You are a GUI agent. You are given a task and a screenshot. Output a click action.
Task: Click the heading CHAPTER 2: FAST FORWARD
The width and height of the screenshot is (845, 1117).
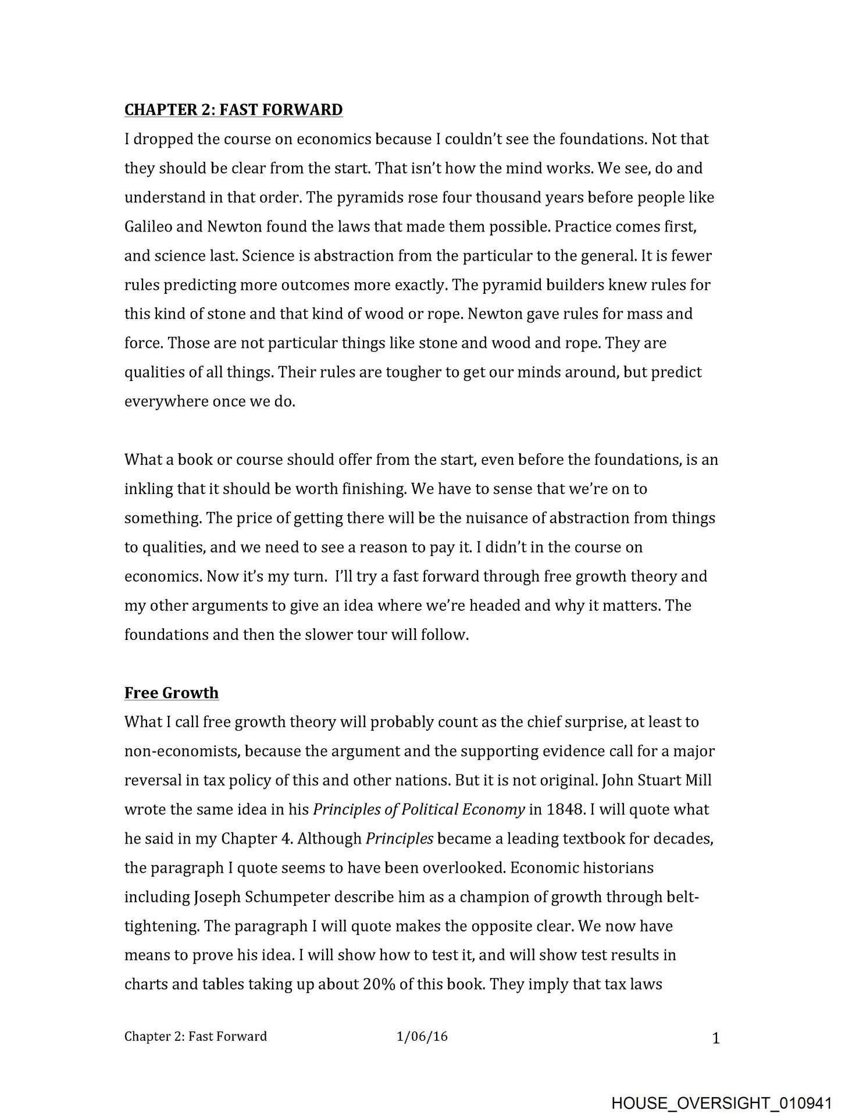[233, 109]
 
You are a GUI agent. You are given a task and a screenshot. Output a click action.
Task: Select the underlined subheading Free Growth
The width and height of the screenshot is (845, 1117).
[172, 692]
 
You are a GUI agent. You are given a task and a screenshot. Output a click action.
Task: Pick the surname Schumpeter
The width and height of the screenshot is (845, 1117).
[262, 897]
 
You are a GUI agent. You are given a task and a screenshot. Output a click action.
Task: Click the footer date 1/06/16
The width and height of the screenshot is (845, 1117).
[422, 1036]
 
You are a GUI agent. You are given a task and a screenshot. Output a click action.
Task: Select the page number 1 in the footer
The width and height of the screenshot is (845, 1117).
[716, 1038]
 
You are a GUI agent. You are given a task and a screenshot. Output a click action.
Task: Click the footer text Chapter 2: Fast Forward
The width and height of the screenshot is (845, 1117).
[195, 1036]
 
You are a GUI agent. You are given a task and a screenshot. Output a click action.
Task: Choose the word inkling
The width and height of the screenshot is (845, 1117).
[148, 489]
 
